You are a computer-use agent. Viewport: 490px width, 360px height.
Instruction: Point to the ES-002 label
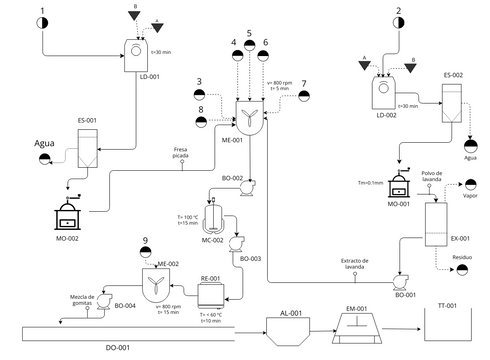point(452,75)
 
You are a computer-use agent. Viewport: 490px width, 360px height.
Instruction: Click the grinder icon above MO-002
point(69,212)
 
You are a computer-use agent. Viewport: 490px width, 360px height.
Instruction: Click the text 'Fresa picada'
point(182,152)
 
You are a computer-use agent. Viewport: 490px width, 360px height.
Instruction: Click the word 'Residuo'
point(462,257)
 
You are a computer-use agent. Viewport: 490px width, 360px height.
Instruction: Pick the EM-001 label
point(357,308)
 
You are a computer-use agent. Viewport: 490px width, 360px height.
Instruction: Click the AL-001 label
point(289,313)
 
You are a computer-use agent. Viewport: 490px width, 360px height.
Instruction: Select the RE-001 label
point(210,280)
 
